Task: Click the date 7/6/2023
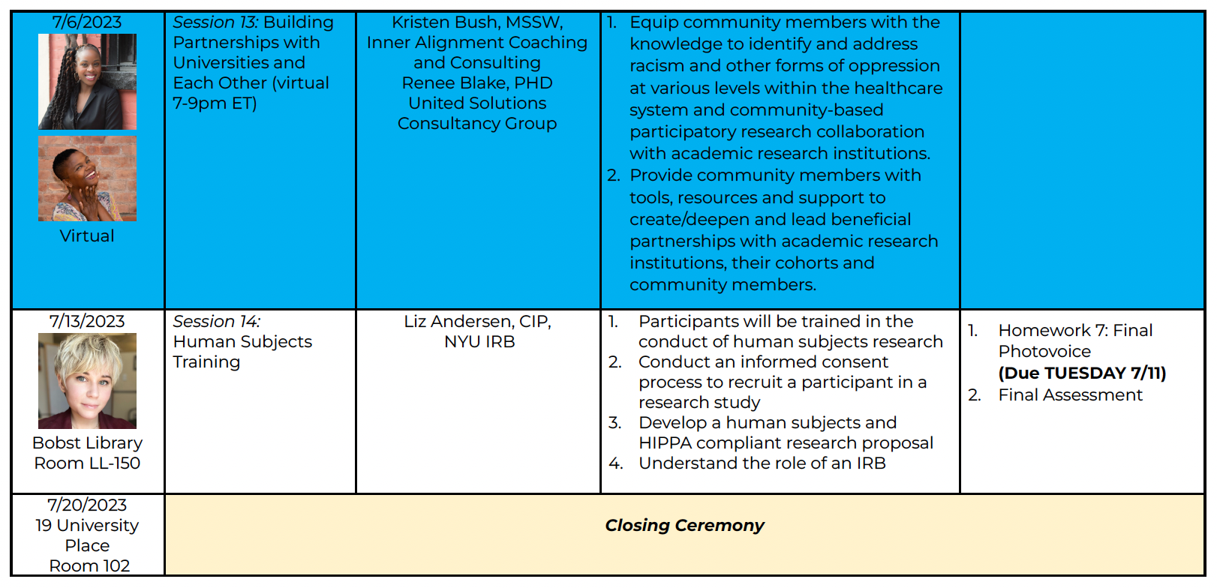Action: tap(87, 22)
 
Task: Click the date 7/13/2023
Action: tap(87, 322)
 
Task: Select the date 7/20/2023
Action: tap(87, 505)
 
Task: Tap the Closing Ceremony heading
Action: tap(684, 526)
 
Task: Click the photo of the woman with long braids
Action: tap(88, 82)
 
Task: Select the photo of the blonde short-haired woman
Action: tap(88, 381)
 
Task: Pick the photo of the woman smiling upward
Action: tap(88, 179)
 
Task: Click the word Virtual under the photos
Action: tap(87, 236)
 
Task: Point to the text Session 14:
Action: tap(217, 322)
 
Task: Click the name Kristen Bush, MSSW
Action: tap(477, 22)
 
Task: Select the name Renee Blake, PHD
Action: tap(477, 83)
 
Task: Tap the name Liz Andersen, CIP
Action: tap(477, 322)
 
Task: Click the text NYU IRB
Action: tap(479, 342)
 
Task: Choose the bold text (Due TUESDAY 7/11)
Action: tap(1082, 373)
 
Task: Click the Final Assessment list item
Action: tap(1070, 395)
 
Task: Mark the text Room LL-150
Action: tap(87, 463)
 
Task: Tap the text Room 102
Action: tap(89, 566)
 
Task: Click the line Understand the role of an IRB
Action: tap(762, 463)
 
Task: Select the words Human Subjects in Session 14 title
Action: tap(242, 342)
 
